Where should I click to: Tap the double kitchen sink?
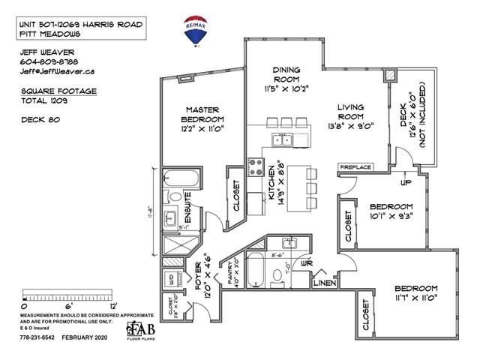click(283, 139)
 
